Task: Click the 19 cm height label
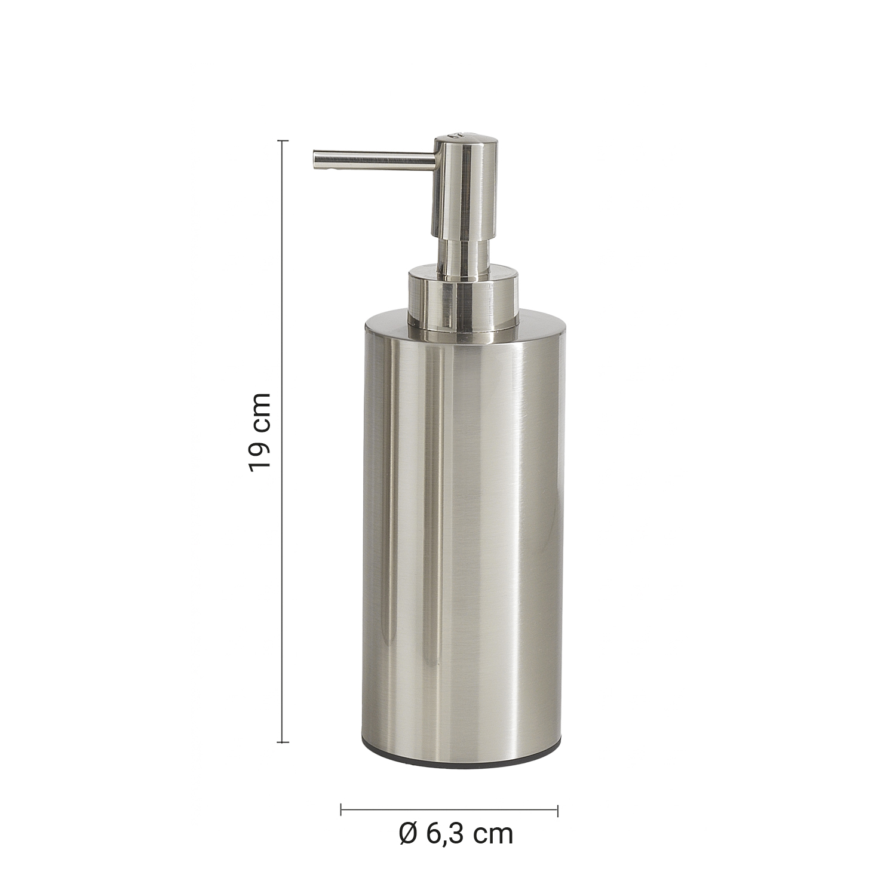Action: click(260, 432)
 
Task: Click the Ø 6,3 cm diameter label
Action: click(456, 834)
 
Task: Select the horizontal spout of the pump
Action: click(374, 159)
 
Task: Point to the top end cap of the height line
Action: click(283, 141)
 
